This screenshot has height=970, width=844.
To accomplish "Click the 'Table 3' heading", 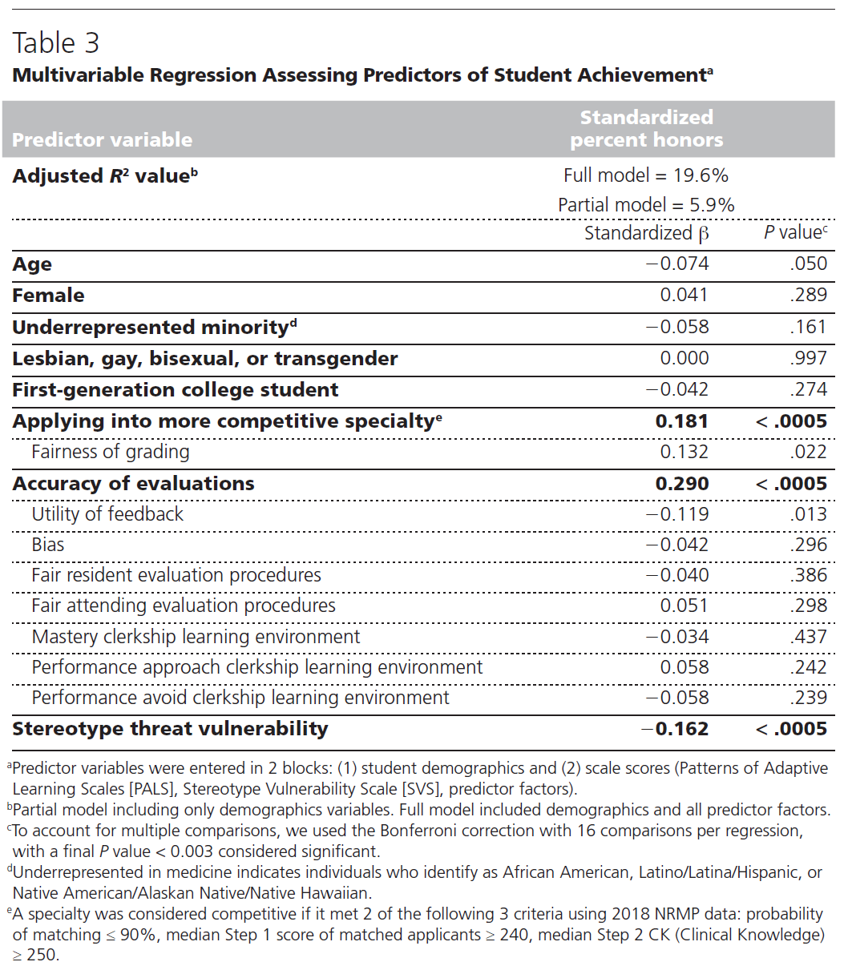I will (x=56, y=43).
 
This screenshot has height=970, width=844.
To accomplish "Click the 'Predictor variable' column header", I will (x=102, y=140).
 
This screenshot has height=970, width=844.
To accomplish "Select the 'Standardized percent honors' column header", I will (x=646, y=129).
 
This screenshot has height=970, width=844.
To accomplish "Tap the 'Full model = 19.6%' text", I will (x=646, y=175).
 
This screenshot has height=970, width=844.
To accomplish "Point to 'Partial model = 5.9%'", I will (x=646, y=205).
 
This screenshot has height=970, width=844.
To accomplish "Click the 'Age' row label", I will (x=32, y=264).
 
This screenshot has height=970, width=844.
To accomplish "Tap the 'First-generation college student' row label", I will (x=176, y=390).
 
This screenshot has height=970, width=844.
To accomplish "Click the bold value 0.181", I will (x=682, y=421).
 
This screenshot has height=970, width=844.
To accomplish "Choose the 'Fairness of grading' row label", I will (x=111, y=452).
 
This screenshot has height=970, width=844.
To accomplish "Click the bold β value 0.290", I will (x=682, y=484).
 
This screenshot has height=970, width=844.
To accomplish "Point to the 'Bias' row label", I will (x=48, y=545).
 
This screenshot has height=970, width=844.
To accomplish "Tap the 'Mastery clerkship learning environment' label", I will (x=196, y=637).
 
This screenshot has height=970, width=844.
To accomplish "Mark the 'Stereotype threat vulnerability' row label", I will (x=170, y=729).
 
